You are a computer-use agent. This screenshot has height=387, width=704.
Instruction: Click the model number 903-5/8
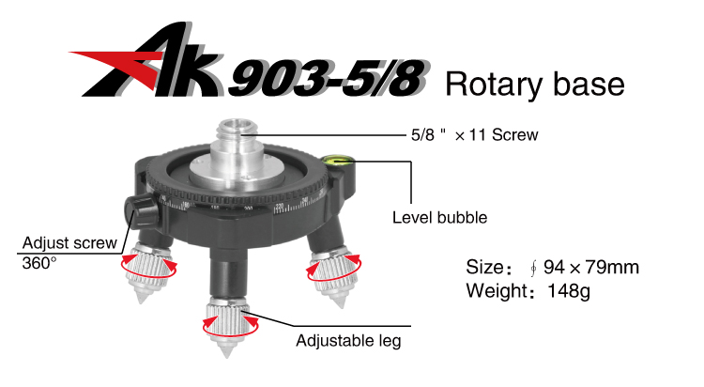click(328, 79)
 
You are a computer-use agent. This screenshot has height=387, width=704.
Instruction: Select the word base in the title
click(589, 84)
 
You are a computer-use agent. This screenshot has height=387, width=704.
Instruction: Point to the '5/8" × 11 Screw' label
click(474, 135)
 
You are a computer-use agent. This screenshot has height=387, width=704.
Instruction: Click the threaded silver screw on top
click(238, 135)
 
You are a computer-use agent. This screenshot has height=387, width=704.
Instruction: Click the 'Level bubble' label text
click(439, 218)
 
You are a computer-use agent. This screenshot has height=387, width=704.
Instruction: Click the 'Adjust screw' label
click(69, 242)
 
